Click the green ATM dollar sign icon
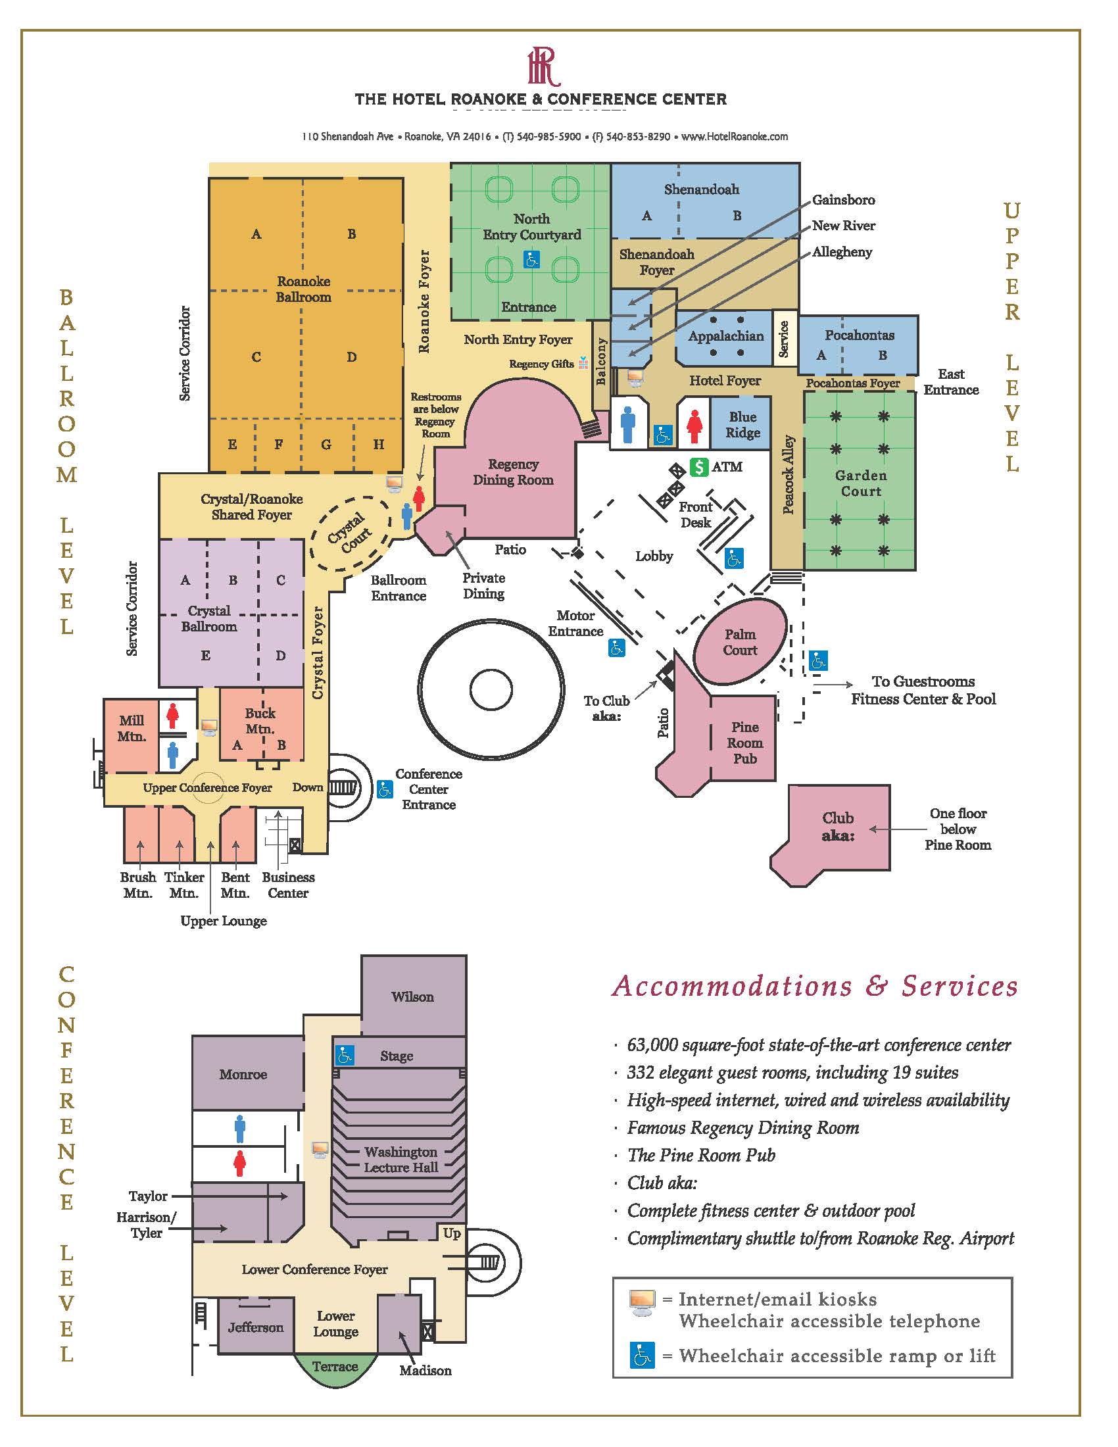tap(698, 467)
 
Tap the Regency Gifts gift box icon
tap(583, 362)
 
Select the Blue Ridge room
tap(742, 424)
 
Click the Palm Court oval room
tap(740, 641)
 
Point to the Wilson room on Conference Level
tap(413, 996)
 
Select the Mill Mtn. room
tap(131, 735)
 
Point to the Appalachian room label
tap(726, 336)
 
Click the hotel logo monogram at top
tap(544, 67)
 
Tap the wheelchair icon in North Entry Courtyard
tap(531, 259)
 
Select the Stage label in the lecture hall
tap(397, 1056)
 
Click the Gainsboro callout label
tap(843, 200)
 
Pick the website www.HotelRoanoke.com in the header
tap(735, 137)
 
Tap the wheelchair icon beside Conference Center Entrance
tap(385, 789)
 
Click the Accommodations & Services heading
tap(815, 986)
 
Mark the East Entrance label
tap(951, 382)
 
